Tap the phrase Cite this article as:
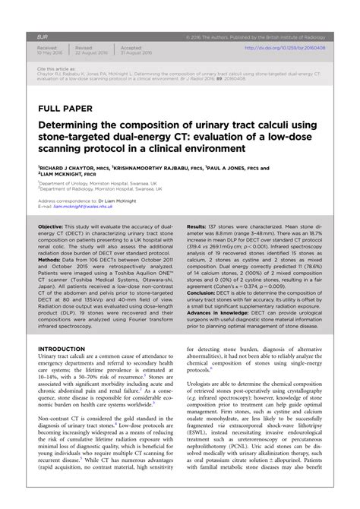pyautogui.click(x=57, y=69)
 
